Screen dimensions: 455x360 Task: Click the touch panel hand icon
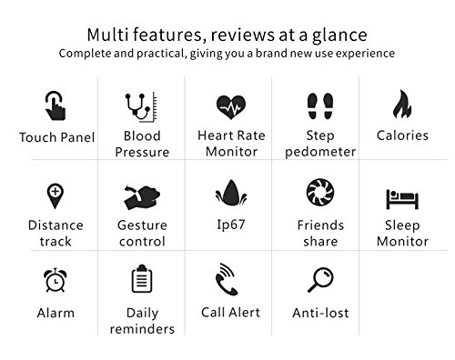(56, 105)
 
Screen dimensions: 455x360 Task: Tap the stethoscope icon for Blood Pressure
(141, 107)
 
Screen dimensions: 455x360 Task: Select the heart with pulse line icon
(231, 107)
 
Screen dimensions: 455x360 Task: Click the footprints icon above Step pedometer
(320, 105)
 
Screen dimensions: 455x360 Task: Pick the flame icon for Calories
(402, 104)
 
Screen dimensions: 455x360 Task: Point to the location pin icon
(55, 196)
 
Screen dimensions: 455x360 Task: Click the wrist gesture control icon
(142, 196)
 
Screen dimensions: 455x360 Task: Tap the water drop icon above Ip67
(231, 193)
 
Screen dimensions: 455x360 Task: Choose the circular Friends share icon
(320, 192)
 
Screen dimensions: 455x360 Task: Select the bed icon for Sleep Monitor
(402, 199)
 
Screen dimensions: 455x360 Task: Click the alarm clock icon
(56, 280)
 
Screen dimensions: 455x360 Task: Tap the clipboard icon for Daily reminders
(142, 279)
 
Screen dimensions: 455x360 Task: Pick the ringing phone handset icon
(227, 279)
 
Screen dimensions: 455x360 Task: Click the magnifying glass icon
(320, 280)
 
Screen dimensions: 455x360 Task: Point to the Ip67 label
(231, 225)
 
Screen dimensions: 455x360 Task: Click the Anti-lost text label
(320, 313)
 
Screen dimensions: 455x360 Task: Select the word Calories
(402, 135)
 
